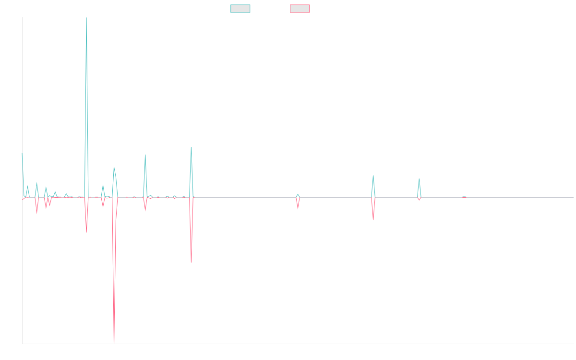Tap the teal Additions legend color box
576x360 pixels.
pyautogui.click(x=240, y=9)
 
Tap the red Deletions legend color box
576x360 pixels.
pyautogui.click(x=300, y=9)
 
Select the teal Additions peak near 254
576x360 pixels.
pyautogui.click(x=191, y=147)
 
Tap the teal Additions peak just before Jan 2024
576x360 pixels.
pyautogui.click(x=373, y=175)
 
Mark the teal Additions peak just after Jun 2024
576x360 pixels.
pyautogui.click(x=419, y=179)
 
